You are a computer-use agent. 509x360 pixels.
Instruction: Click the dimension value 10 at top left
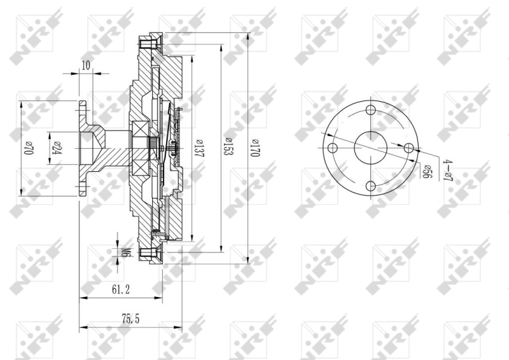[86, 65]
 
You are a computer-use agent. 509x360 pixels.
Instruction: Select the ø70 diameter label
[28, 148]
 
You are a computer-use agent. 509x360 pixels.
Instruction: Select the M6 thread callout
[127, 253]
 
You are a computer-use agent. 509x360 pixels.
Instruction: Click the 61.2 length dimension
[121, 290]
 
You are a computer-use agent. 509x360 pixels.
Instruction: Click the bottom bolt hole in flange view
[370, 186]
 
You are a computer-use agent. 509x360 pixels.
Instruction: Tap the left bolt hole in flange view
[332, 148]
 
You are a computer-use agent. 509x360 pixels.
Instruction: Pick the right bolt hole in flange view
[408, 148]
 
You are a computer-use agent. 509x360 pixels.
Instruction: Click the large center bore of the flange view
[370, 148]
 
